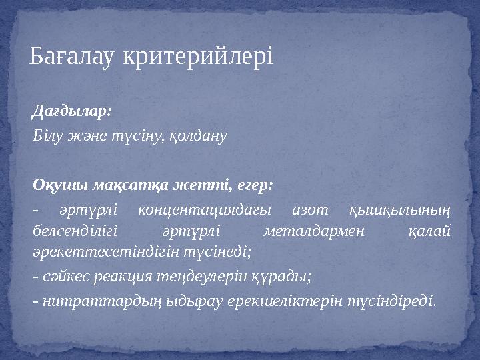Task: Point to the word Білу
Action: point(47,136)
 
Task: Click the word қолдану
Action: point(199,136)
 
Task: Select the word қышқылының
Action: point(399,211)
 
